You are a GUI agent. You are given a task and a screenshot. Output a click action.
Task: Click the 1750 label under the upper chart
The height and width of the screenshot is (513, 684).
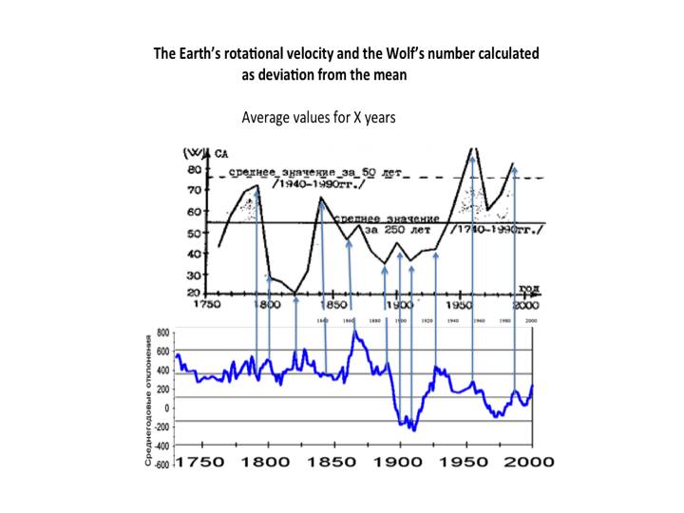[206, 306]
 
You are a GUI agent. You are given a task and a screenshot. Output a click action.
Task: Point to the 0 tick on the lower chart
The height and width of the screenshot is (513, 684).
[166, 408]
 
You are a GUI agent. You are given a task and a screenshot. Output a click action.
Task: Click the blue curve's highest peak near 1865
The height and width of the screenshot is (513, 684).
[353, 332]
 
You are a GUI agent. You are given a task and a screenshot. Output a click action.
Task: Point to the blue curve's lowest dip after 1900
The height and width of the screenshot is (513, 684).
[414, 430]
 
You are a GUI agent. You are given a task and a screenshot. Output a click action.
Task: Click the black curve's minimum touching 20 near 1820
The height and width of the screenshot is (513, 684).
[295, 293]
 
